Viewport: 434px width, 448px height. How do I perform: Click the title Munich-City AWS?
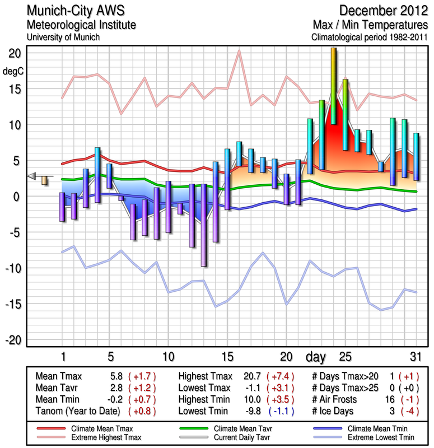[x=77, y=11]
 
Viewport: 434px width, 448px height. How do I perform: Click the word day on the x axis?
[x=318, y=356]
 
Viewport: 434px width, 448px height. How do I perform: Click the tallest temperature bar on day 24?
[x=334, y=84]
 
